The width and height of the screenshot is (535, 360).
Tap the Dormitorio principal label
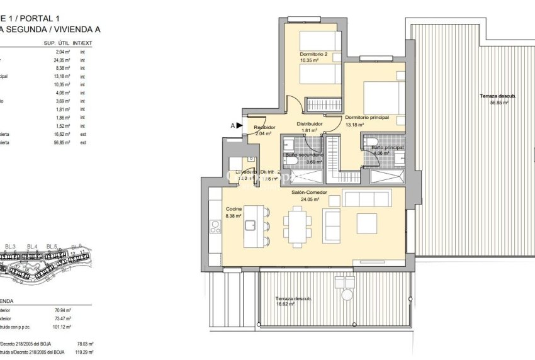click(x=367, y=117)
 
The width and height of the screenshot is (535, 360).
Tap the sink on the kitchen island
click(x=251, y=224)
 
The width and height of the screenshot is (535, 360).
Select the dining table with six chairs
click(x=296, y=226)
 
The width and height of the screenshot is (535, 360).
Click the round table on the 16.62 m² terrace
click(x=346, y=295)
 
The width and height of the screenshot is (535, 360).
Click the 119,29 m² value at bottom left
click(x=84, y=352)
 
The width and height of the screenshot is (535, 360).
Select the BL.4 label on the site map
click(x=32, y=246)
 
